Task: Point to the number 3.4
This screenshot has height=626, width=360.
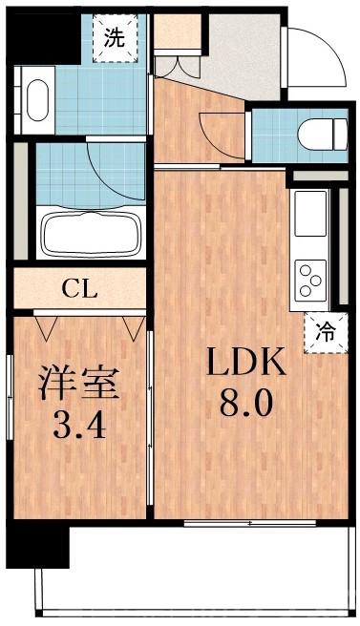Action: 78,422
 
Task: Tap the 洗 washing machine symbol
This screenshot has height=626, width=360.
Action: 115,39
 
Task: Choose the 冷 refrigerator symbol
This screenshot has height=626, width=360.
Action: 325,332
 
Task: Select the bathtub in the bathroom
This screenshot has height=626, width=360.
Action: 90,233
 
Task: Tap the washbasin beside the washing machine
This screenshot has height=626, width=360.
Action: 34,100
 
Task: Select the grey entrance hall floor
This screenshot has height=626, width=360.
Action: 244,57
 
